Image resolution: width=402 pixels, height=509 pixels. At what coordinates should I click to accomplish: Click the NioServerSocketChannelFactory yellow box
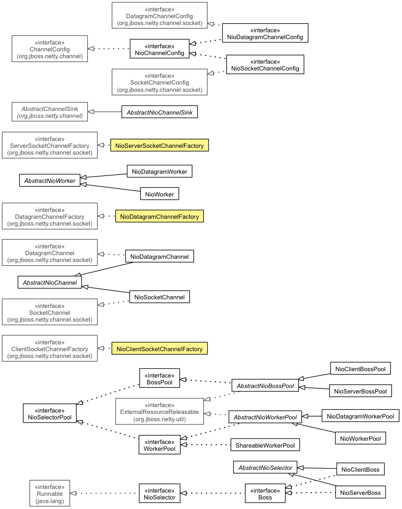tap(159, 146)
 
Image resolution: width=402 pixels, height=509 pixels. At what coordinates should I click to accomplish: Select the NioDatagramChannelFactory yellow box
tap(159, 217)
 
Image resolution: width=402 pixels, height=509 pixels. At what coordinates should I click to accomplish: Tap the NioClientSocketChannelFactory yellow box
tap(159, 349)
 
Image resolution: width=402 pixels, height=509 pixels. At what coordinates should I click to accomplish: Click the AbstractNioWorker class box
tap(50, 181)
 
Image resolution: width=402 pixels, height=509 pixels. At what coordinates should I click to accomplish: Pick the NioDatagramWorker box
tap(159, 171)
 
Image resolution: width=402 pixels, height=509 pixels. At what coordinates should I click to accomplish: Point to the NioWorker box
tap(159, 194)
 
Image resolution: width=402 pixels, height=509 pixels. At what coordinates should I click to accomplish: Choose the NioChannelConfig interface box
tap(159, 49)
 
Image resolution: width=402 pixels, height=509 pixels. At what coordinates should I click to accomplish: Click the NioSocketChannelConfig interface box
tap(265, 65)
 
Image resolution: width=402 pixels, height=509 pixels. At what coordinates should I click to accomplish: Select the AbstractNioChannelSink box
tap(159, 112)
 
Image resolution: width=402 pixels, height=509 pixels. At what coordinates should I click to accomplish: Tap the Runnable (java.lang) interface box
tap(50, 493)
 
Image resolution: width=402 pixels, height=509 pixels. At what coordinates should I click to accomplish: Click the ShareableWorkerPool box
tap(265, 445)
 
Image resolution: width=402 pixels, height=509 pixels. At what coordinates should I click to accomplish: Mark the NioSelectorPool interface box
tap(50, 413)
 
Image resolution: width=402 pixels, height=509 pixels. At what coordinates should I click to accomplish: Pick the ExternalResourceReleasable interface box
tap(159, 412)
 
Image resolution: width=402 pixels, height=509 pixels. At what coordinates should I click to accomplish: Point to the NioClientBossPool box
tap(360, 369)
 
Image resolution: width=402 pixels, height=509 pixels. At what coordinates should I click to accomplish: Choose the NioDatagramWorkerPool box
tap(360, 416)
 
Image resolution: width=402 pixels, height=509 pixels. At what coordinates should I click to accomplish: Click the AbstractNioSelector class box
tap(265, 467)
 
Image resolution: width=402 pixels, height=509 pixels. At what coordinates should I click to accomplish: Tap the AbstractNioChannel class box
tap(50, 282)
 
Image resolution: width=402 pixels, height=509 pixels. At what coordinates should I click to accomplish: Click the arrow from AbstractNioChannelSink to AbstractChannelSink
tap(104, 112)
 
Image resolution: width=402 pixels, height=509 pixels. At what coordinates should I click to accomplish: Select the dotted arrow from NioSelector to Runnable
tap(104, 493)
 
